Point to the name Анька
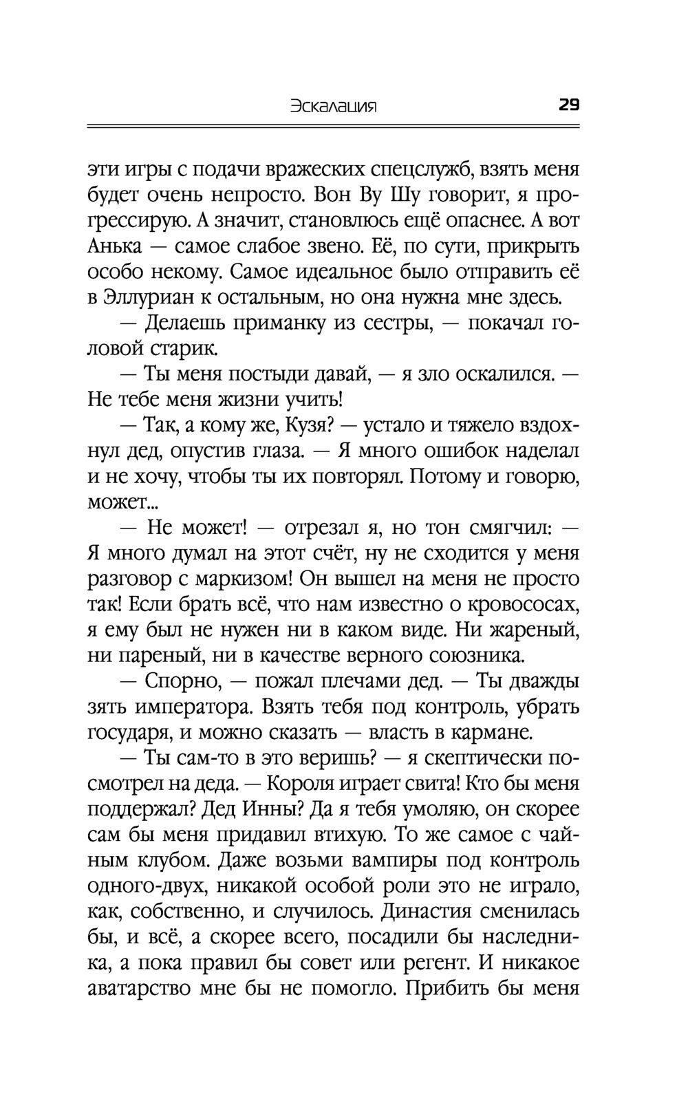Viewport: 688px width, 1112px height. (116, 246)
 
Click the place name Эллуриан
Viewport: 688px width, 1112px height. (149, 297)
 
